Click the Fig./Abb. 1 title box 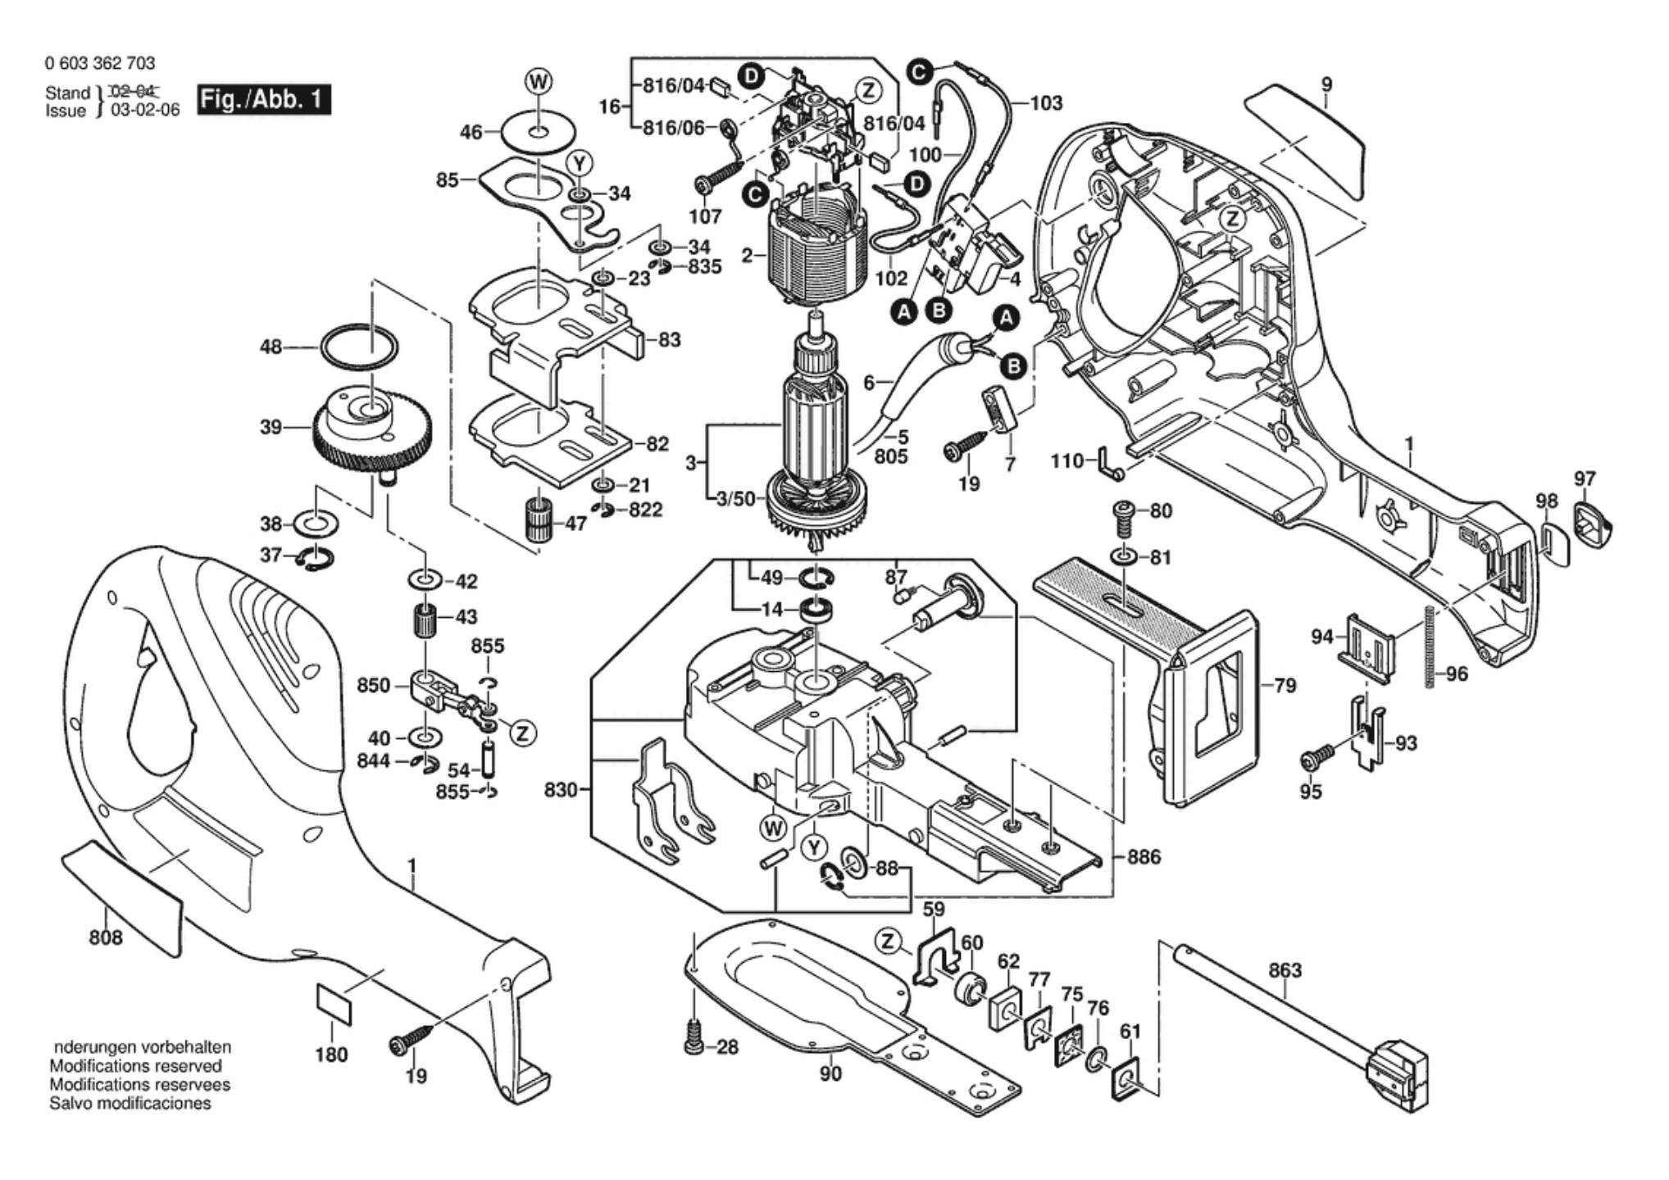(264, 100)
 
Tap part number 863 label (1285, 970)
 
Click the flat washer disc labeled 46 (536, 132)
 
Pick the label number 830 (562, 791)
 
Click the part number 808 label (106, 937)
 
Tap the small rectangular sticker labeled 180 (334, 1005)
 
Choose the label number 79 (1285, 685)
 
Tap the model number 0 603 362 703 (100, 63)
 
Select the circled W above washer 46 (538, 82)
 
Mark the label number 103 (1046, 103)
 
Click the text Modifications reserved (135, 1066)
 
